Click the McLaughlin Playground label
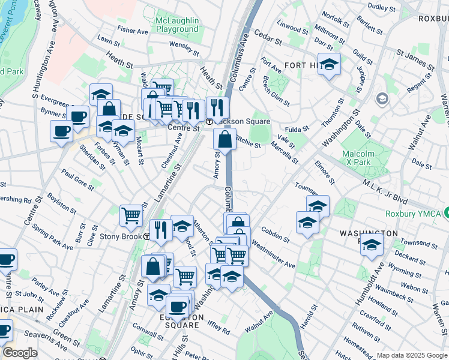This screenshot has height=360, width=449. coord(176,25)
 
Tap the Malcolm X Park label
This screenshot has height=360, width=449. coord(363,158)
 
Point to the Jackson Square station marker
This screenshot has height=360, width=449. coord(209,121)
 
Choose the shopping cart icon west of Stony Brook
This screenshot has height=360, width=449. coord(131,215)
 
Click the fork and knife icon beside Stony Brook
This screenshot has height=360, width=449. coord(160,230)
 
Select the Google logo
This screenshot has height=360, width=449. coord(20,353)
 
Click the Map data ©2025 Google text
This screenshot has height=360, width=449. coord(412,355)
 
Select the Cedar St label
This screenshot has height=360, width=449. coord(267,37)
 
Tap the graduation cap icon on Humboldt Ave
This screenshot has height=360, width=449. coord(372,245)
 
